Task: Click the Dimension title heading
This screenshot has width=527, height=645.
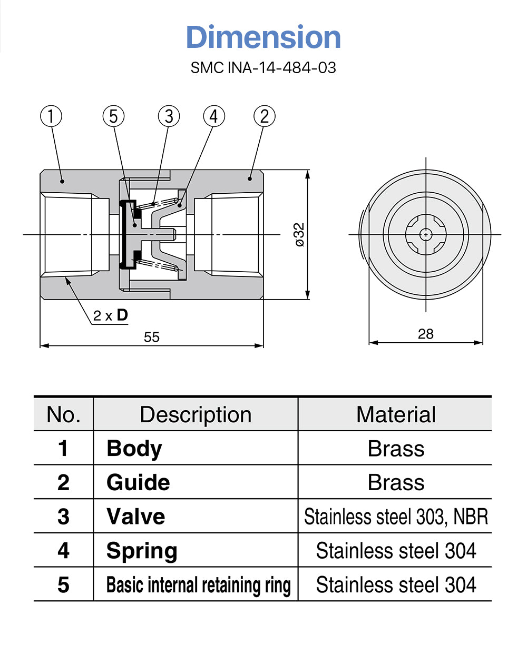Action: coord(263,37)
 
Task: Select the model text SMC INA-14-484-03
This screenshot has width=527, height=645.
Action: coord(263,68)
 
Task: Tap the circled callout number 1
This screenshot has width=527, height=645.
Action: coord(51,116)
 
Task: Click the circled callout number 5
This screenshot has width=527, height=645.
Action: coord(114,116)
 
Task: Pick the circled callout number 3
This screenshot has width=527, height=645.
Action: coord(169,116)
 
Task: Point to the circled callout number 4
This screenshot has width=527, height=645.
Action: coord(213,116)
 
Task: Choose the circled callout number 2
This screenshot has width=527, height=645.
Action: coord(265,116)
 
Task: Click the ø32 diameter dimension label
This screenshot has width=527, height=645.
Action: coord(299,235)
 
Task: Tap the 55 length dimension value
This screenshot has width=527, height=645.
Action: coord(152,338)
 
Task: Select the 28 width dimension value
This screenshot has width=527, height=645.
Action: coord(425,334)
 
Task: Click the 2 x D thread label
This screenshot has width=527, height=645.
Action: coord(110,315)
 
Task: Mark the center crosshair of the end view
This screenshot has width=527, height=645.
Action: coord(425,234)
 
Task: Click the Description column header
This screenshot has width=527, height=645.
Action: coord(196,415)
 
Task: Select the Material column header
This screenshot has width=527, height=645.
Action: coord(396,415)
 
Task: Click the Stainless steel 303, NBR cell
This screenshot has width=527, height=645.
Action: coord(396,517)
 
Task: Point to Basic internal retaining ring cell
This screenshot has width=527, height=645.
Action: coord(198,585)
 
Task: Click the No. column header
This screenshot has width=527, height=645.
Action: coord(63,415)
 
